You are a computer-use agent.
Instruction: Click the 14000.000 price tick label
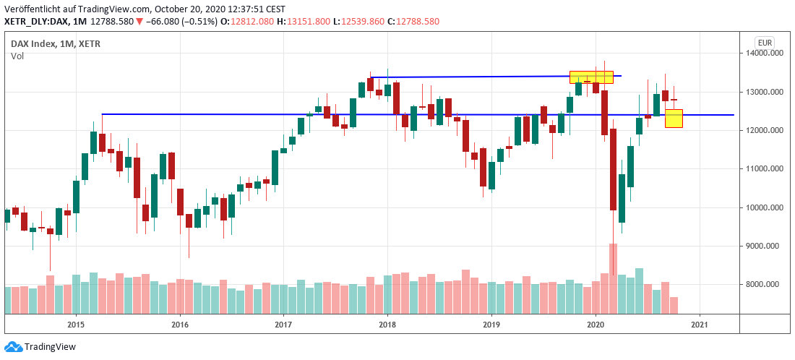coord(765,53)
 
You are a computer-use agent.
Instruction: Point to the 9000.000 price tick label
coord(765,247)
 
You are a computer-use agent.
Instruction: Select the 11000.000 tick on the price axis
coord(765,169)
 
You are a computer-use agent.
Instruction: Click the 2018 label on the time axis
coord(387,325)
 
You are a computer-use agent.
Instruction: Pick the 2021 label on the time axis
coord(699,325)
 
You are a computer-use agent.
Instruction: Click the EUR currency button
coord(764,43)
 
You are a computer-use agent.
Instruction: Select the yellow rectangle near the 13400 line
coord(591,77)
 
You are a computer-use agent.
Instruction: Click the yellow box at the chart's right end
coord(674,119)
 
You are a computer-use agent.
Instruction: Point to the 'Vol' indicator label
coord(17,56)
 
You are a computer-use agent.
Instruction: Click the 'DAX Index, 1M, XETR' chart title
coord(56,44)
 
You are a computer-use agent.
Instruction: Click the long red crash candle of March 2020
coord(613,168)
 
